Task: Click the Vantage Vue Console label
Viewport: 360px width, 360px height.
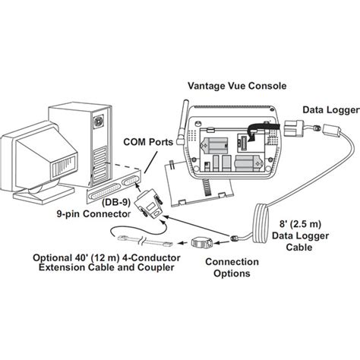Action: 237,86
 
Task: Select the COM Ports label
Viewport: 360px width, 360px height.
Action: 148,142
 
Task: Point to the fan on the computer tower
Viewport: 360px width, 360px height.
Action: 99,120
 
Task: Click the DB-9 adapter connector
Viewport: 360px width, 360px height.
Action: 149,204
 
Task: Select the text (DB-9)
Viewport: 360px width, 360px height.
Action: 116,202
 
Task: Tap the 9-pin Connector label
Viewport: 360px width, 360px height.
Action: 93,214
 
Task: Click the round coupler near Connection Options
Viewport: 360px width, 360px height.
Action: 201,242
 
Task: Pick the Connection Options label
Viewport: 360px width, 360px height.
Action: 232,267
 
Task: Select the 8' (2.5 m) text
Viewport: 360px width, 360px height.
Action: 300,224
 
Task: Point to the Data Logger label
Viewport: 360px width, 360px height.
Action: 331,110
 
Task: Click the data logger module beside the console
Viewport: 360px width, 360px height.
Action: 295,128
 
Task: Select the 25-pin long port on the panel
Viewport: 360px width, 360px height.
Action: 105,192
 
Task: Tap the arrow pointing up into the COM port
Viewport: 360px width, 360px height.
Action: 137,188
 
